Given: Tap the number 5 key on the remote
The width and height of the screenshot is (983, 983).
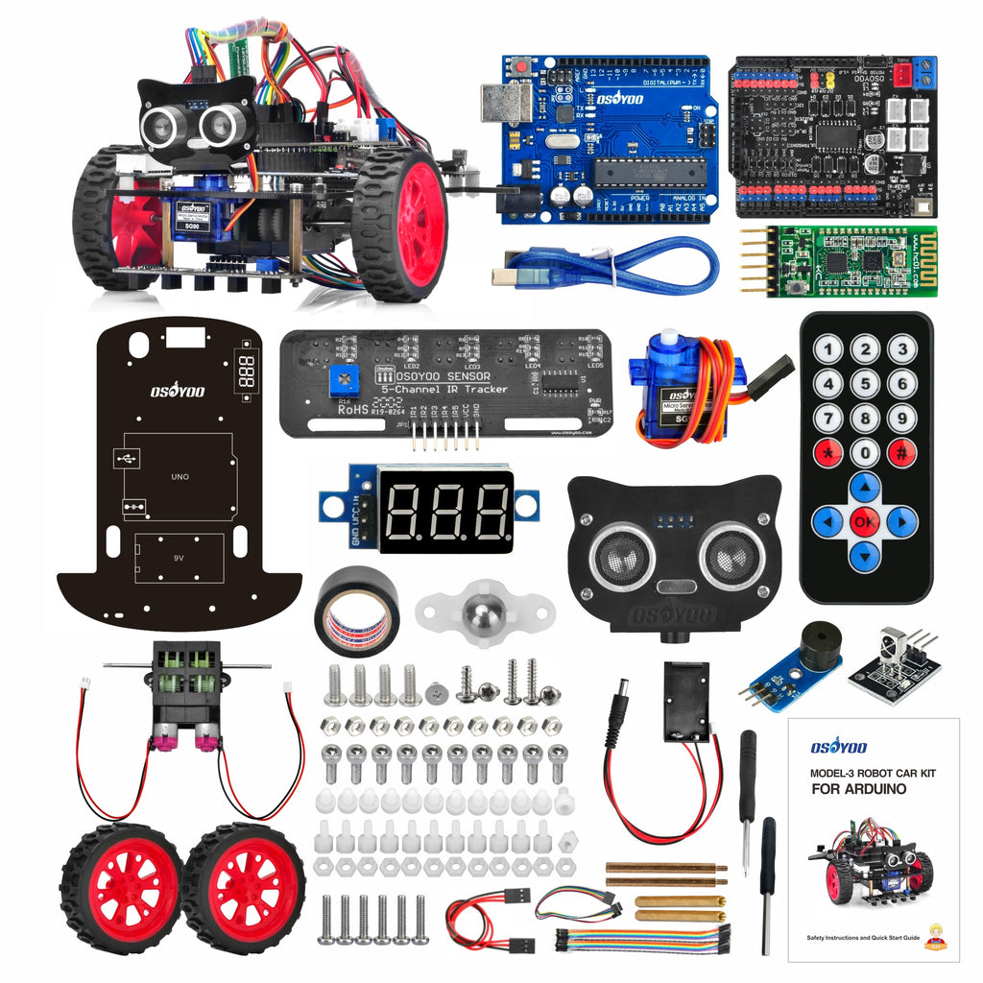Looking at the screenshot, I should point(865,384).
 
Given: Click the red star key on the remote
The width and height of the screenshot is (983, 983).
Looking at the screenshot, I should point(828,451).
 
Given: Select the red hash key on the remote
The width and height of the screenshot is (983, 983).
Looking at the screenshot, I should point(900,451).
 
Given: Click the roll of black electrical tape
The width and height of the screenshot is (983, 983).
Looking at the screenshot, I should point(356,611).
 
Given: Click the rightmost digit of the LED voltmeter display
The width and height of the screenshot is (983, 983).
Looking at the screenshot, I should point(490,511).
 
